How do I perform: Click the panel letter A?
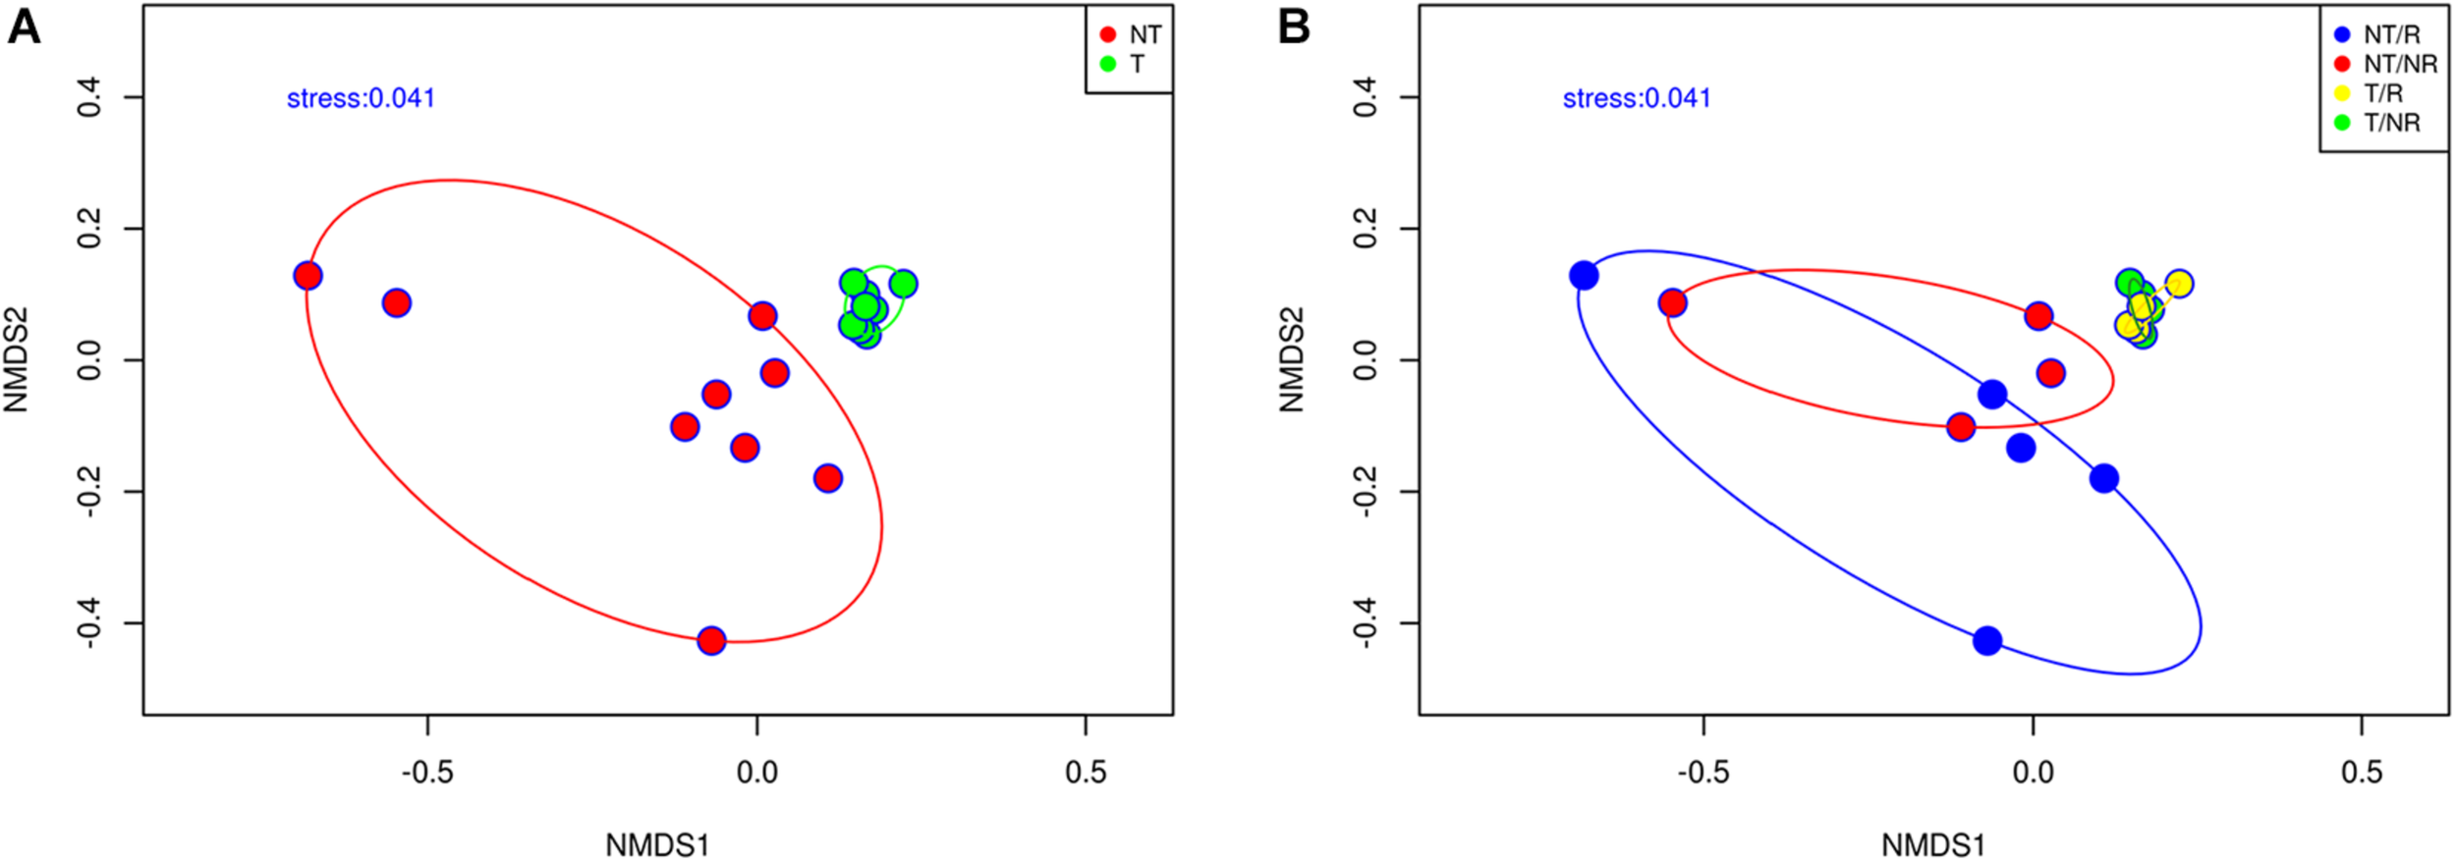24,27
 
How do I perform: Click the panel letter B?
1294,27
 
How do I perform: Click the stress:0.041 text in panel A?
361,98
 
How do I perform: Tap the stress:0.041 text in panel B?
1637,98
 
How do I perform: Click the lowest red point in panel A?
711,641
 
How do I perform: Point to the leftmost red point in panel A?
307,276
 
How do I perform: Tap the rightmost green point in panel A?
903,284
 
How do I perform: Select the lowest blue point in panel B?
1987,641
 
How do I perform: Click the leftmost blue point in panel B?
1584,276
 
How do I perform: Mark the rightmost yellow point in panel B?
2179,284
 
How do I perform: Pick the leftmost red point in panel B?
1672,302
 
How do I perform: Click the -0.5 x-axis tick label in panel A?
427,773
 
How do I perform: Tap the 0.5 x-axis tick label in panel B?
2362,773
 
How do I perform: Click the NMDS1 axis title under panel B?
1933,845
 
